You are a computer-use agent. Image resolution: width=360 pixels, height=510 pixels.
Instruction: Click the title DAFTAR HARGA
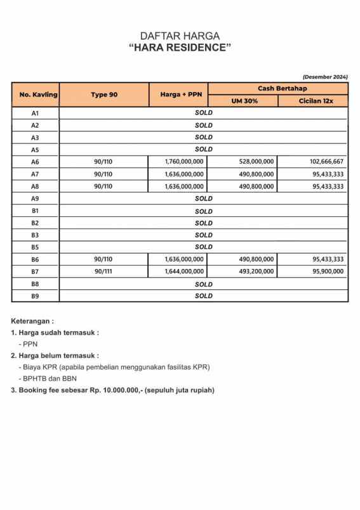point(180,36)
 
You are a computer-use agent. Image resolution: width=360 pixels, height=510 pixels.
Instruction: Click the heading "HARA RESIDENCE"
point(180,48)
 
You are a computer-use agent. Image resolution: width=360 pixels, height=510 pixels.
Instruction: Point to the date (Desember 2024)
point(325,77)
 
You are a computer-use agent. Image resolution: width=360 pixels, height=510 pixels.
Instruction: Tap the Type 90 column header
point(103,95)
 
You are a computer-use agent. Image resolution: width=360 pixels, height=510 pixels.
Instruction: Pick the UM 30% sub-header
point(244,101)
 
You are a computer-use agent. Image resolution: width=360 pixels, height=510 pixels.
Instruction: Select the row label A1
point(36,113)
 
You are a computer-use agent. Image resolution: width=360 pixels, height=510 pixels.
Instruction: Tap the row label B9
point(36,296)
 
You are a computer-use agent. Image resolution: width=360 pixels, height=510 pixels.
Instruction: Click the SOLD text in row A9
point(203,199)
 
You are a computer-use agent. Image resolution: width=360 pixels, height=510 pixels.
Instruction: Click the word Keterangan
point(32,322)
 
